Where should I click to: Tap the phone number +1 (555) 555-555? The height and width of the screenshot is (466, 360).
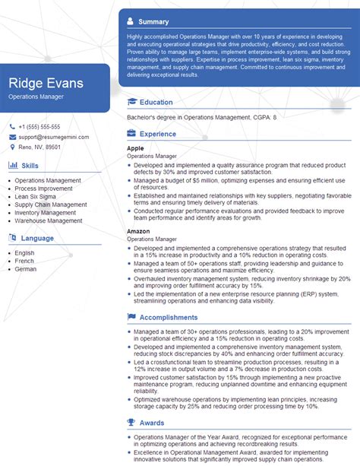tap(39, 126)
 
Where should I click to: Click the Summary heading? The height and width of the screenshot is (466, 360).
tap(154, 21)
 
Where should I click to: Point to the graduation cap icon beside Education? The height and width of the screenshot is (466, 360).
tap(132, 102)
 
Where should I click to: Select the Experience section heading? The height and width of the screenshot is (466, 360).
tap(157, 134)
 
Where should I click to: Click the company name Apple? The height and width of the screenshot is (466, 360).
tap(135, 147)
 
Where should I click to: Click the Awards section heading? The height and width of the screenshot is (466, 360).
tap(153, 423)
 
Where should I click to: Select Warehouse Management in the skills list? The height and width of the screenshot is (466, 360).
tap(48, 220)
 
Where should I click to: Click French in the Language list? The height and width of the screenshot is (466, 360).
tap(25, 261)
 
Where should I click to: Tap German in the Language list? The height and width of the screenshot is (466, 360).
tap(26, 269)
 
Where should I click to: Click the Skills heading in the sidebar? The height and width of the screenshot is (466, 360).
tap(30, 165)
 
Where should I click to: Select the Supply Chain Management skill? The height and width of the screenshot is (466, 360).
tap(50, 204)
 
